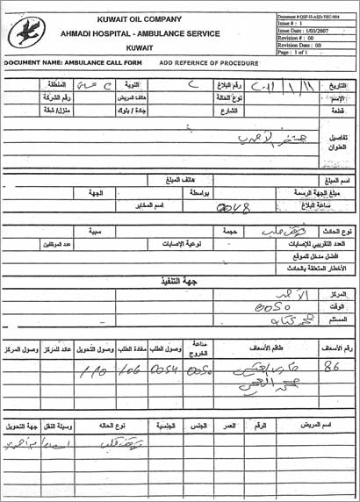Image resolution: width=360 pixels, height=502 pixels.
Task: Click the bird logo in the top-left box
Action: pyautogui.click(x=26, y=33)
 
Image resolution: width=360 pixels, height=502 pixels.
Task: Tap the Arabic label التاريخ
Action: pyautogui.click(x=337, y=86)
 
